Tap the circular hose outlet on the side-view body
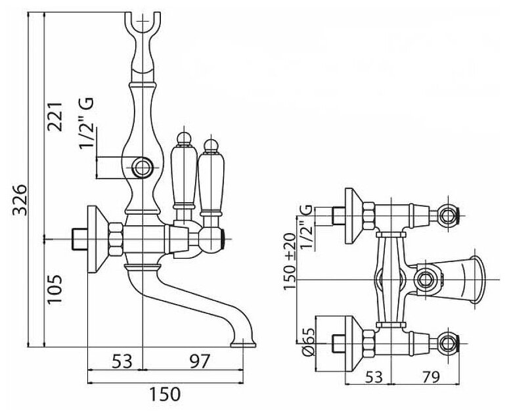[142, 167]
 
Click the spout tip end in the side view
[246, 342]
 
